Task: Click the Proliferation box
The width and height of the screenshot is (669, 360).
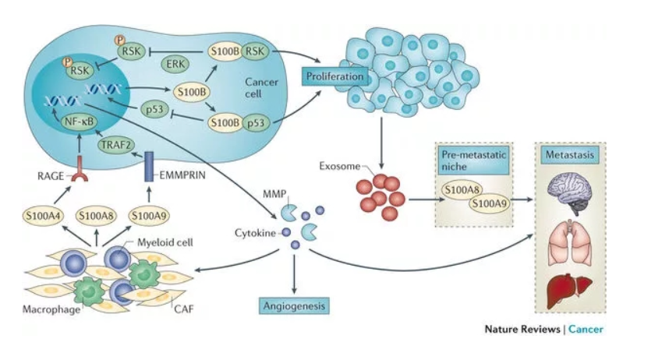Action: click(334, 77)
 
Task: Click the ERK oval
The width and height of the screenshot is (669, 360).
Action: click(179, 64)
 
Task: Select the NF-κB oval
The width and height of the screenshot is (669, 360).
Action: click(79, 122)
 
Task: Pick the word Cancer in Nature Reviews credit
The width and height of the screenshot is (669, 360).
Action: click(585, 329)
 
